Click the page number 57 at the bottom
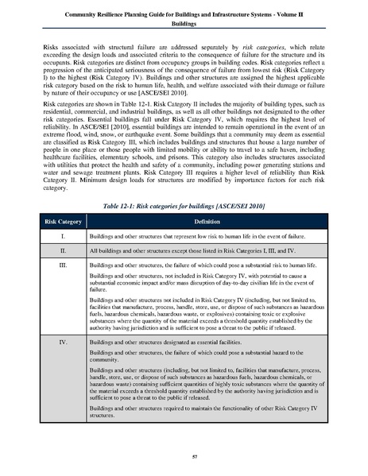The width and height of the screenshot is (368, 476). click(x=184, y=457)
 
